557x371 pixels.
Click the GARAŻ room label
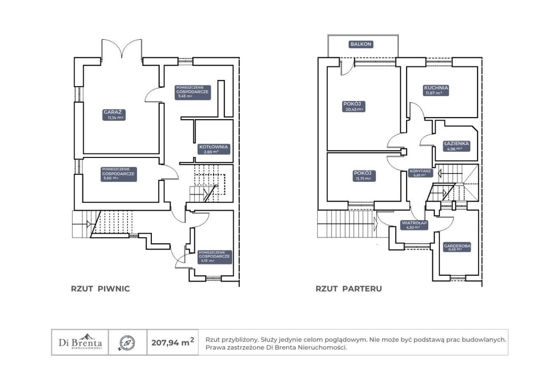click(x=114, y=115)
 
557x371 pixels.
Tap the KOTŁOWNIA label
click(x=214, y=149)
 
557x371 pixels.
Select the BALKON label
click(x=361, y=44)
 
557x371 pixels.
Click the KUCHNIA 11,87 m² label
click(x=436, y=90)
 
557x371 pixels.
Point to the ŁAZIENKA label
click(x=456, y=146)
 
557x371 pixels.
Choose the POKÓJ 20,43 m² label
click(x=354, y=107)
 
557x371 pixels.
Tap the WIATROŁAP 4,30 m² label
click(x=414, y=225)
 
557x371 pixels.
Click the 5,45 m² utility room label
click(x=193, y=93)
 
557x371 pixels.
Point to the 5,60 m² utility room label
click(x=119, y=174)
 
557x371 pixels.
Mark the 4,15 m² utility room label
click(x=214, y=257)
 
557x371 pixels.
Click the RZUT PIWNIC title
click(x=101, y=289)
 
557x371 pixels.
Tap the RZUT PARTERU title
click(x=349, y=289)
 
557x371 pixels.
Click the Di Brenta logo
click(x=80, y=342)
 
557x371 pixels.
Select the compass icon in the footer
click(x=128, y=343)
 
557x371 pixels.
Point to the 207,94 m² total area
click(x=173, y=342)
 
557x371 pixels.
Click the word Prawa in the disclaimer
click(x=213, y=348)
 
